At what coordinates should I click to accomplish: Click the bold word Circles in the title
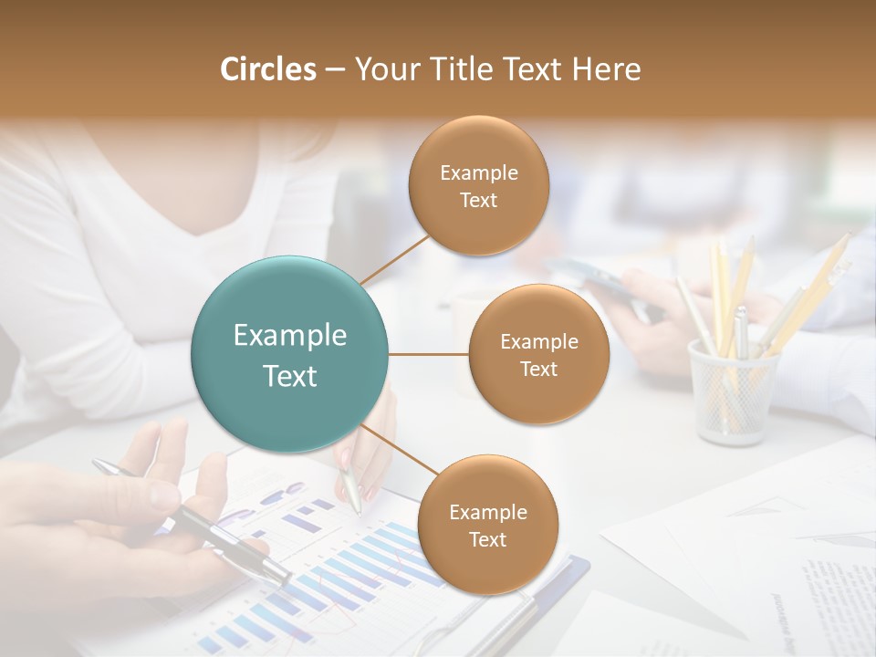point(268,69)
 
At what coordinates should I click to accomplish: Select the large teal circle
point(289,354)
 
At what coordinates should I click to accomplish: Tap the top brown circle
point(478,185)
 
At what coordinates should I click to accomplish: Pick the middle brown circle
point(538,354)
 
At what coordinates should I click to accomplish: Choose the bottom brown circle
point(487,525)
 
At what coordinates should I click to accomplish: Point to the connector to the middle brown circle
point(428,354)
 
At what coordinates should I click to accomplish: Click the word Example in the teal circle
point(289,336)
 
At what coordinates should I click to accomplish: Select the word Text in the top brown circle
point(478,200)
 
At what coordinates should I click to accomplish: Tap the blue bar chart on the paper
point(365,566)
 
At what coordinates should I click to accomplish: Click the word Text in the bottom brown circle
point(487,539)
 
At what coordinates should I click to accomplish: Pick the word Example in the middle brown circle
point(538,341)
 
